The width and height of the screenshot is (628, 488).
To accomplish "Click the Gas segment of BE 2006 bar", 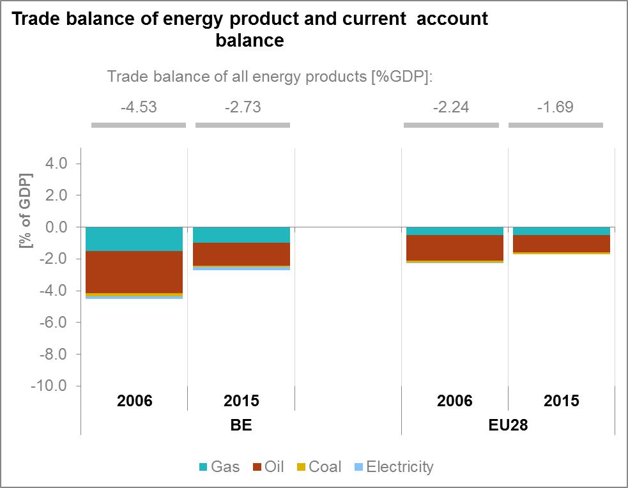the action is pyautogui.click(x=134, y=239).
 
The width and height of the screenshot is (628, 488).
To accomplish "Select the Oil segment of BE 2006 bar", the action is pyautogui.click(x=134, y=272).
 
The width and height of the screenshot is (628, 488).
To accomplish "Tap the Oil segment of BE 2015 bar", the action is pyautogui.click(x=241, y=254).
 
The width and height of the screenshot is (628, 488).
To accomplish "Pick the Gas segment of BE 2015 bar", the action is pyautogui.click(x=241, y=235).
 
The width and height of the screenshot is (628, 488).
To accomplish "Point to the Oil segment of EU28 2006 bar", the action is pyautogui.click(x=455, y=248).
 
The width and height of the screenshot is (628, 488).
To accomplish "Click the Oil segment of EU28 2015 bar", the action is pyautogui.click(x=562, y=243).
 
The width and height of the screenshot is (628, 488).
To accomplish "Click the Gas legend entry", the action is pyautogui.click(x=220, y=467).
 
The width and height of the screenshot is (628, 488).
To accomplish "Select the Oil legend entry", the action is pyautogui.click(x=268, y=467).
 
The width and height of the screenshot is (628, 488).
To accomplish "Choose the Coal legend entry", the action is pyautogui.click(x=319, y=467).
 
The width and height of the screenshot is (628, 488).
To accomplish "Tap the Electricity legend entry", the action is pyautogui.click(x=394, y=467).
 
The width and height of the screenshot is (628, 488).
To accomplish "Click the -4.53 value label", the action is pyautogui.click(x=139, y=107).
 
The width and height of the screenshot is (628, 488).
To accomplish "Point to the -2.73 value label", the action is pyautogui.click(x=243, y=107).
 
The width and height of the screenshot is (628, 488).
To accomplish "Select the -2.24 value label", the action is pyautogui.click(x=451, y=107).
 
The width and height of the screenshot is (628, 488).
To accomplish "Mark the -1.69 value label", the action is pyautogui.click(x=556, y=107).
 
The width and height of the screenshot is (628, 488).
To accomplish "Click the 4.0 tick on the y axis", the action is pyautogui.click(x=56, y=164).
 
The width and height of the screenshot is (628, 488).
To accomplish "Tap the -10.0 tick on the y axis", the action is pyautogui.click(x=49, y=386).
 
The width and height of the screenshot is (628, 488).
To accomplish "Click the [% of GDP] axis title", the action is pyautogui.click(x=25, y=211).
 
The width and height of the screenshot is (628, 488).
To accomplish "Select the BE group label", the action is pyautogui.click(x=241, y=425).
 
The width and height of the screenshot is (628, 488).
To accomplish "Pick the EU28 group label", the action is pyautogui.click(x=509, y=425).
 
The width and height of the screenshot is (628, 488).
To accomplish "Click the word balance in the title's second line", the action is pyautogui.click(x=250, y=40).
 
